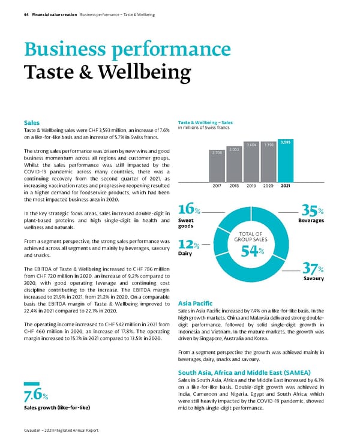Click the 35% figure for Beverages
pyautogui.click(x=313, y=211)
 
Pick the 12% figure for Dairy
pyautogui.click(x=189, y=245)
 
